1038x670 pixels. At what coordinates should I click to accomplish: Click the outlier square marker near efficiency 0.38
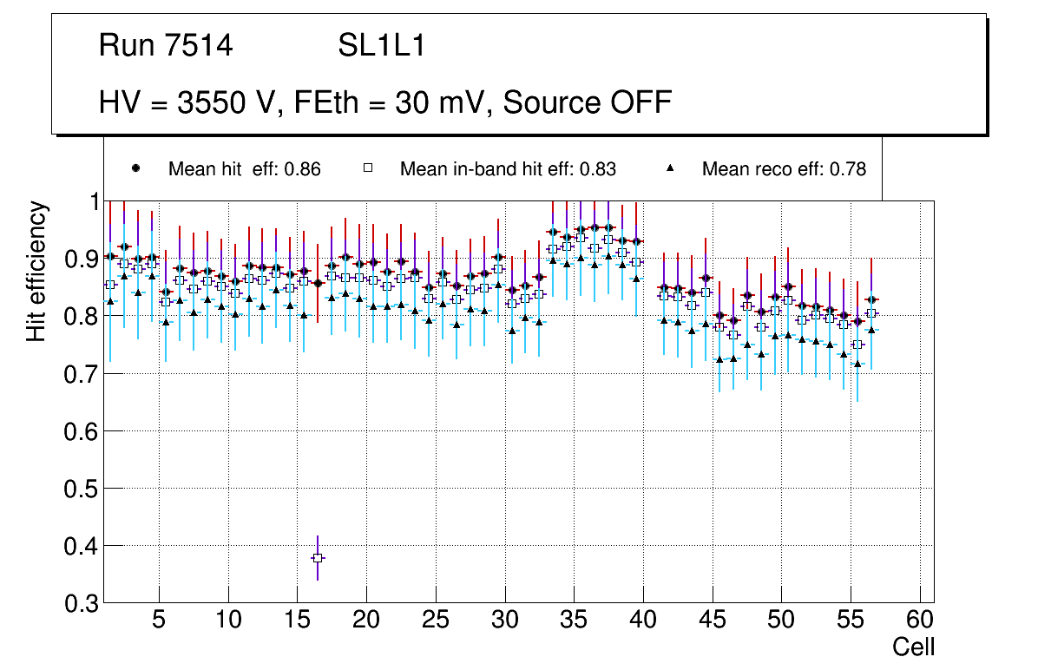(x=318, y=557)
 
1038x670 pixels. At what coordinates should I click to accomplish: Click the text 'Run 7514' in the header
(x=166, y=46)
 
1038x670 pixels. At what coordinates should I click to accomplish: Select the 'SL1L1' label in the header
(x=381, y=46)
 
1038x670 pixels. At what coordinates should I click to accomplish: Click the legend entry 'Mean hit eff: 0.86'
(x=244, y=169)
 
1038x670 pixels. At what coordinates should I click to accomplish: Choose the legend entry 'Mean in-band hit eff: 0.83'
(x=508, y=169)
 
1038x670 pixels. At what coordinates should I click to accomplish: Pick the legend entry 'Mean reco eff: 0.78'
(x=784, y=169)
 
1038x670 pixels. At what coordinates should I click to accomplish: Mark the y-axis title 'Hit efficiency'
(x=36, y=271)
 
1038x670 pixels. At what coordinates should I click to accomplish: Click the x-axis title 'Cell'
(x=914, y=647)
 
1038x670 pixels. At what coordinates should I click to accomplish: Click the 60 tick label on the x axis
(x=920, y=621)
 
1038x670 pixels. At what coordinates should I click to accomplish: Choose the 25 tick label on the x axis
(x=436, y=621)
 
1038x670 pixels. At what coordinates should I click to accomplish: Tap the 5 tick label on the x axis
(x=159, y=621)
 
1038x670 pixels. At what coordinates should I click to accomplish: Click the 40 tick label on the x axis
(x=643, y=621)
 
